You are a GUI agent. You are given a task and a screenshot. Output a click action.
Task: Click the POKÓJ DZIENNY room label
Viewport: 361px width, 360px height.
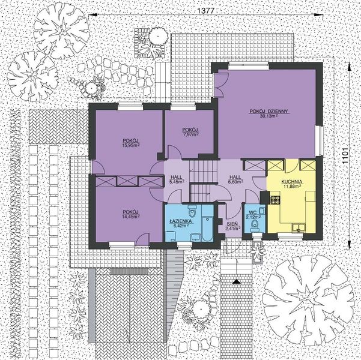point(270,111)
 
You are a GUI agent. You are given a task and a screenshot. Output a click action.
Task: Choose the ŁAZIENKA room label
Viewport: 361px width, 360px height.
point(180,221)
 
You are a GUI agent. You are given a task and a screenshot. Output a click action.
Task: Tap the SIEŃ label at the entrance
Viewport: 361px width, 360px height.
point(232,223)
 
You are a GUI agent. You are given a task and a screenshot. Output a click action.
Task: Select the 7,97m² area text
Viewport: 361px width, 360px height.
point(191,134)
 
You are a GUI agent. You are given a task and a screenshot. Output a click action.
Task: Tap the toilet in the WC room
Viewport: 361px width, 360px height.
point(255,224)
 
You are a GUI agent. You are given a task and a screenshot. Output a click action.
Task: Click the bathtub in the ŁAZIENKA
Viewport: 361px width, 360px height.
point(207,228)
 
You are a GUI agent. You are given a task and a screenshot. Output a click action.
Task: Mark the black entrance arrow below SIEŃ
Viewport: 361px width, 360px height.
point(237,280)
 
